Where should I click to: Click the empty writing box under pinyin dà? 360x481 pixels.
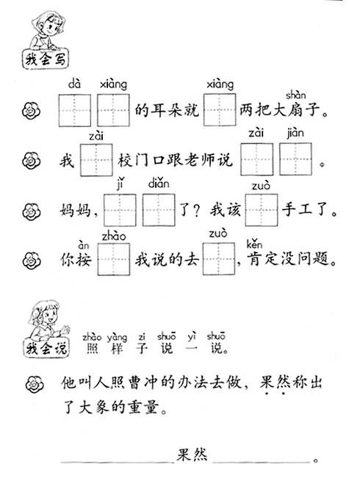click(75, 110)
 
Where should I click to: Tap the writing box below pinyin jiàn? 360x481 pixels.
click(295, 159)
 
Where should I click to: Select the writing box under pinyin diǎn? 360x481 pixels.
click(159, 210)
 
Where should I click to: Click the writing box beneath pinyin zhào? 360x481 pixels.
click(114, 259)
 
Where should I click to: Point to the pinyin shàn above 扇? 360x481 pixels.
click(295, 95)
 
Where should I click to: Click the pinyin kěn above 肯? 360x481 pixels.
click(254, 245)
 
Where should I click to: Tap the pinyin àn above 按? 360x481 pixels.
click(83, 245)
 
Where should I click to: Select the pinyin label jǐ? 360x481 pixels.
click(120, 184)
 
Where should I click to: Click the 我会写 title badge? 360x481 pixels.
click(46, 59)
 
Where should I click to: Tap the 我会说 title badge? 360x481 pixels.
click(46, 348)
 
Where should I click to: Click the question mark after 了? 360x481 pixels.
click(196, 211)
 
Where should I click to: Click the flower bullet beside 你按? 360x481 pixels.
click(32, 261)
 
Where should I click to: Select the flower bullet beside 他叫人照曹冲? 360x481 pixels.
click(35, 384)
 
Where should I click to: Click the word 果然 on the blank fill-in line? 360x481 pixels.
click(192, 455)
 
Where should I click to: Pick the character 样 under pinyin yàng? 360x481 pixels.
click(117, 349)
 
